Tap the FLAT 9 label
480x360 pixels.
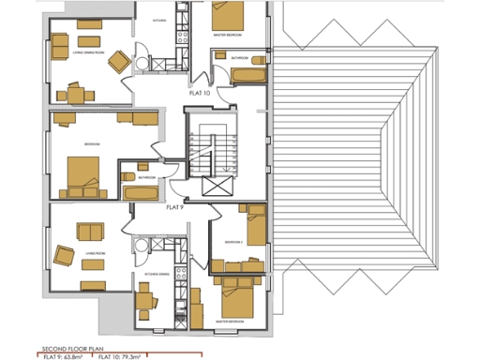pos(174,206)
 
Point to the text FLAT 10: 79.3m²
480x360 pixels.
pos(120,356)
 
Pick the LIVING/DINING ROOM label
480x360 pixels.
pos(90,54)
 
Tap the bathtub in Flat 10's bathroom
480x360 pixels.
pos(247,71)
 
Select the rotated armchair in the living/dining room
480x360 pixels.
pos(118,61)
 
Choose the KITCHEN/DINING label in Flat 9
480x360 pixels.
pos(157,274)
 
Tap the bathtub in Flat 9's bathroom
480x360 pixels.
pos(142,192)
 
